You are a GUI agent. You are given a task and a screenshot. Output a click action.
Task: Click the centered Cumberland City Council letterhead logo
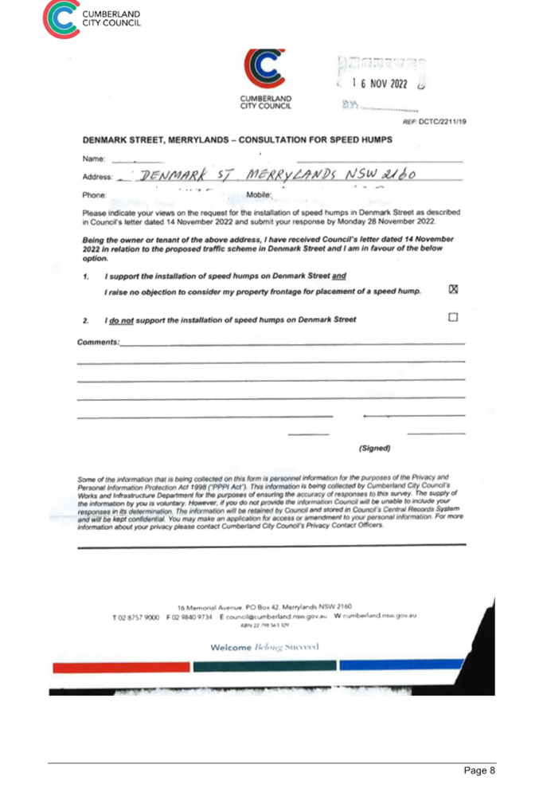coord(265,80)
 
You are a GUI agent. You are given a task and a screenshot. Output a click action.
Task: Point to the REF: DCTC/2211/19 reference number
coord(435,122)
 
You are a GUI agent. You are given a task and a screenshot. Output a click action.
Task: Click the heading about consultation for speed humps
coord(237,140)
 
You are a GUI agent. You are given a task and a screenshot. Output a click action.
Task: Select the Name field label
coord(93,159)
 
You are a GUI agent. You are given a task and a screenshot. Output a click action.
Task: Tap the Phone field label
coord(95,194)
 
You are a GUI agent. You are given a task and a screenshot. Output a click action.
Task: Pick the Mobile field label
coord(259,194)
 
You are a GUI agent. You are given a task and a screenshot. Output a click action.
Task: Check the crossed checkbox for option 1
coord(453,289)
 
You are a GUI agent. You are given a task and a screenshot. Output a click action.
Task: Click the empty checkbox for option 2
coord(453,317)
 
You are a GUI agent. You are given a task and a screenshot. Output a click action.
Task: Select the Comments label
coord(99,342)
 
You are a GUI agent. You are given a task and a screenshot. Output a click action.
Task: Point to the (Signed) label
coord(374,449)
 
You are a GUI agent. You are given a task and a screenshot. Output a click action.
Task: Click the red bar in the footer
coord(121,666)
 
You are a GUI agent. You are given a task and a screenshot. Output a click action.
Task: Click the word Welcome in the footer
coord(229,648)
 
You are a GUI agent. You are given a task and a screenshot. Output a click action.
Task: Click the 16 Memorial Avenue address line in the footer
coord(264,606)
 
